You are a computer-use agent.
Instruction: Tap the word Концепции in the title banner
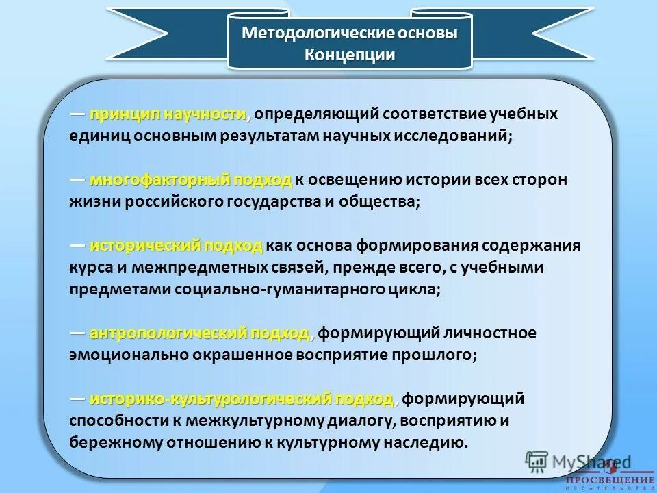[x=350, y=55]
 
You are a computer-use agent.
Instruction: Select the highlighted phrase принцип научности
[x=167, y=114]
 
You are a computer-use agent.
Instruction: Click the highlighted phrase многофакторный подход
[x=191, y=180]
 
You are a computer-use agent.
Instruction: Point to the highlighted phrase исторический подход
[x=176, y=245]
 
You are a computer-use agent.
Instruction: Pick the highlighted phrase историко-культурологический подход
[x=242, y=399]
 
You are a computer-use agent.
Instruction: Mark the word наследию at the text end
[x=434, y=442]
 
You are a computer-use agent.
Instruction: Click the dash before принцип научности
[x=77, y=114]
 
